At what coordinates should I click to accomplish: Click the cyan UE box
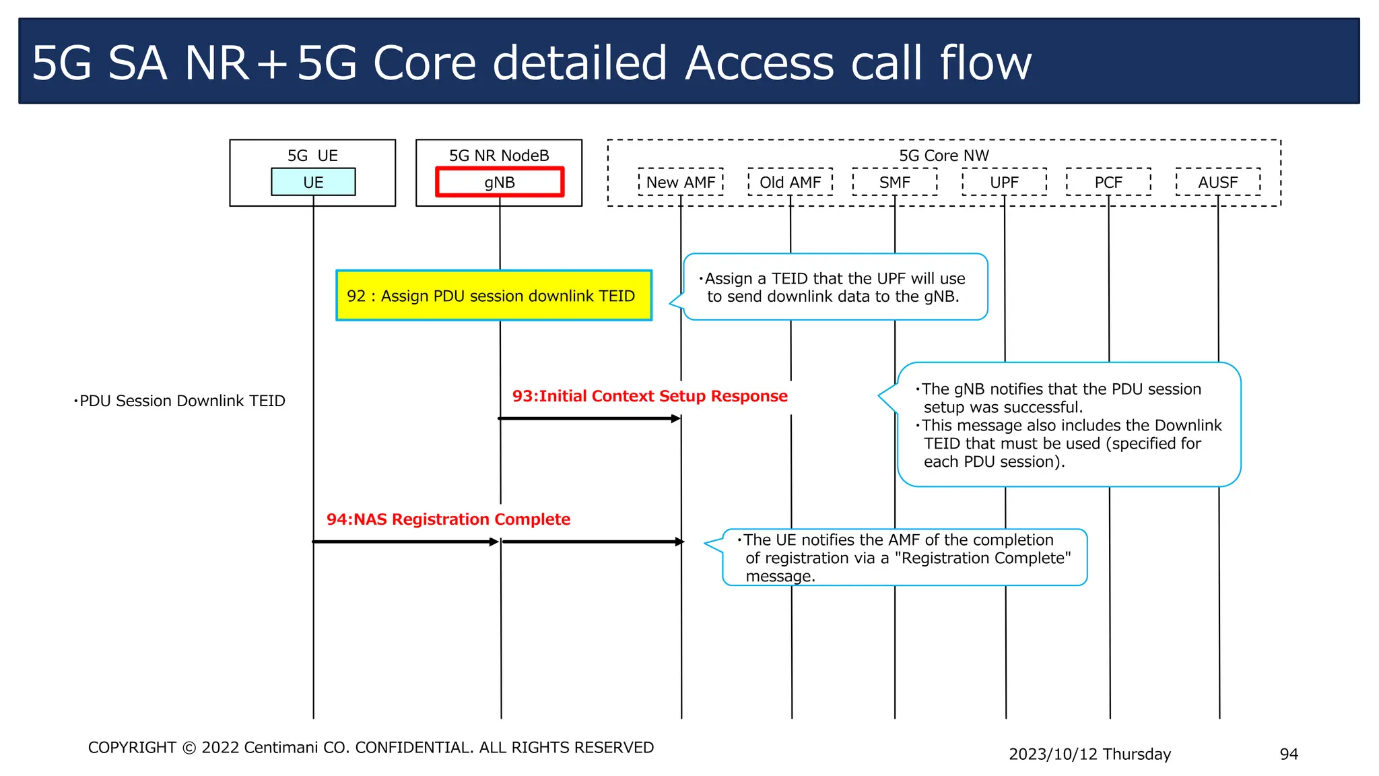coord(313,182)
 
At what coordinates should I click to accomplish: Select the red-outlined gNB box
coord(499,182)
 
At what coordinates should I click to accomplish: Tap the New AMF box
coord(681,182)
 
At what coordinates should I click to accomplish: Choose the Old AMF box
coord(790,182)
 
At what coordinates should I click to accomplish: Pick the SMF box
coord(894,182)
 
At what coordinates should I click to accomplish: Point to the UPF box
coord(1004,182)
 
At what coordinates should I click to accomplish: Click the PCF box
coord(1108,182)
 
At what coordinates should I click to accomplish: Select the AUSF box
coord(1217,182)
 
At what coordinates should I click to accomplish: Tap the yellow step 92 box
coord(494,296)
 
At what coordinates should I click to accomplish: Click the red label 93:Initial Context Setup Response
coord(650,396)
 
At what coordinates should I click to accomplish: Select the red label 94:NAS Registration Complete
coord(448,519)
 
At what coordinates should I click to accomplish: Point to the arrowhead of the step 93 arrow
coord(677,419)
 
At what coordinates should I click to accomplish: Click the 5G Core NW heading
coord(943,156)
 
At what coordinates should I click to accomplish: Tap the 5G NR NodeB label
coord(499,156)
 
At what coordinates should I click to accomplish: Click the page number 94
coord(1288,754)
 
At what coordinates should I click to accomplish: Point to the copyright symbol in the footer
coord(189,748)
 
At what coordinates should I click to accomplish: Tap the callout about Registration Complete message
coord(905,558)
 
